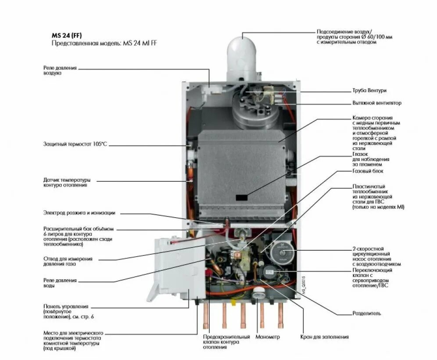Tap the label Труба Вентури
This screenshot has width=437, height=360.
point(369,90)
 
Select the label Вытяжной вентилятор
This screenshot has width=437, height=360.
point(376,103)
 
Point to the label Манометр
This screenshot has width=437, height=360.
point(268,337)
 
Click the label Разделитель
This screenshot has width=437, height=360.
point(367,313)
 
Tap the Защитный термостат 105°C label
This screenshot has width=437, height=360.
point(75,144)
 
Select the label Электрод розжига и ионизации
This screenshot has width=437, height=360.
point(79,213)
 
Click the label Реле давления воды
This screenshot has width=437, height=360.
point(60,283)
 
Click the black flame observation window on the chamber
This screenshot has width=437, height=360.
point(241,198)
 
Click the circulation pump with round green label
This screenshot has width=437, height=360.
point(279,252)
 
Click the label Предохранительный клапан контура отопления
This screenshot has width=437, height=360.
point(226,342)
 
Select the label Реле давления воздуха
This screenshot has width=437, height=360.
point(60,71)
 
